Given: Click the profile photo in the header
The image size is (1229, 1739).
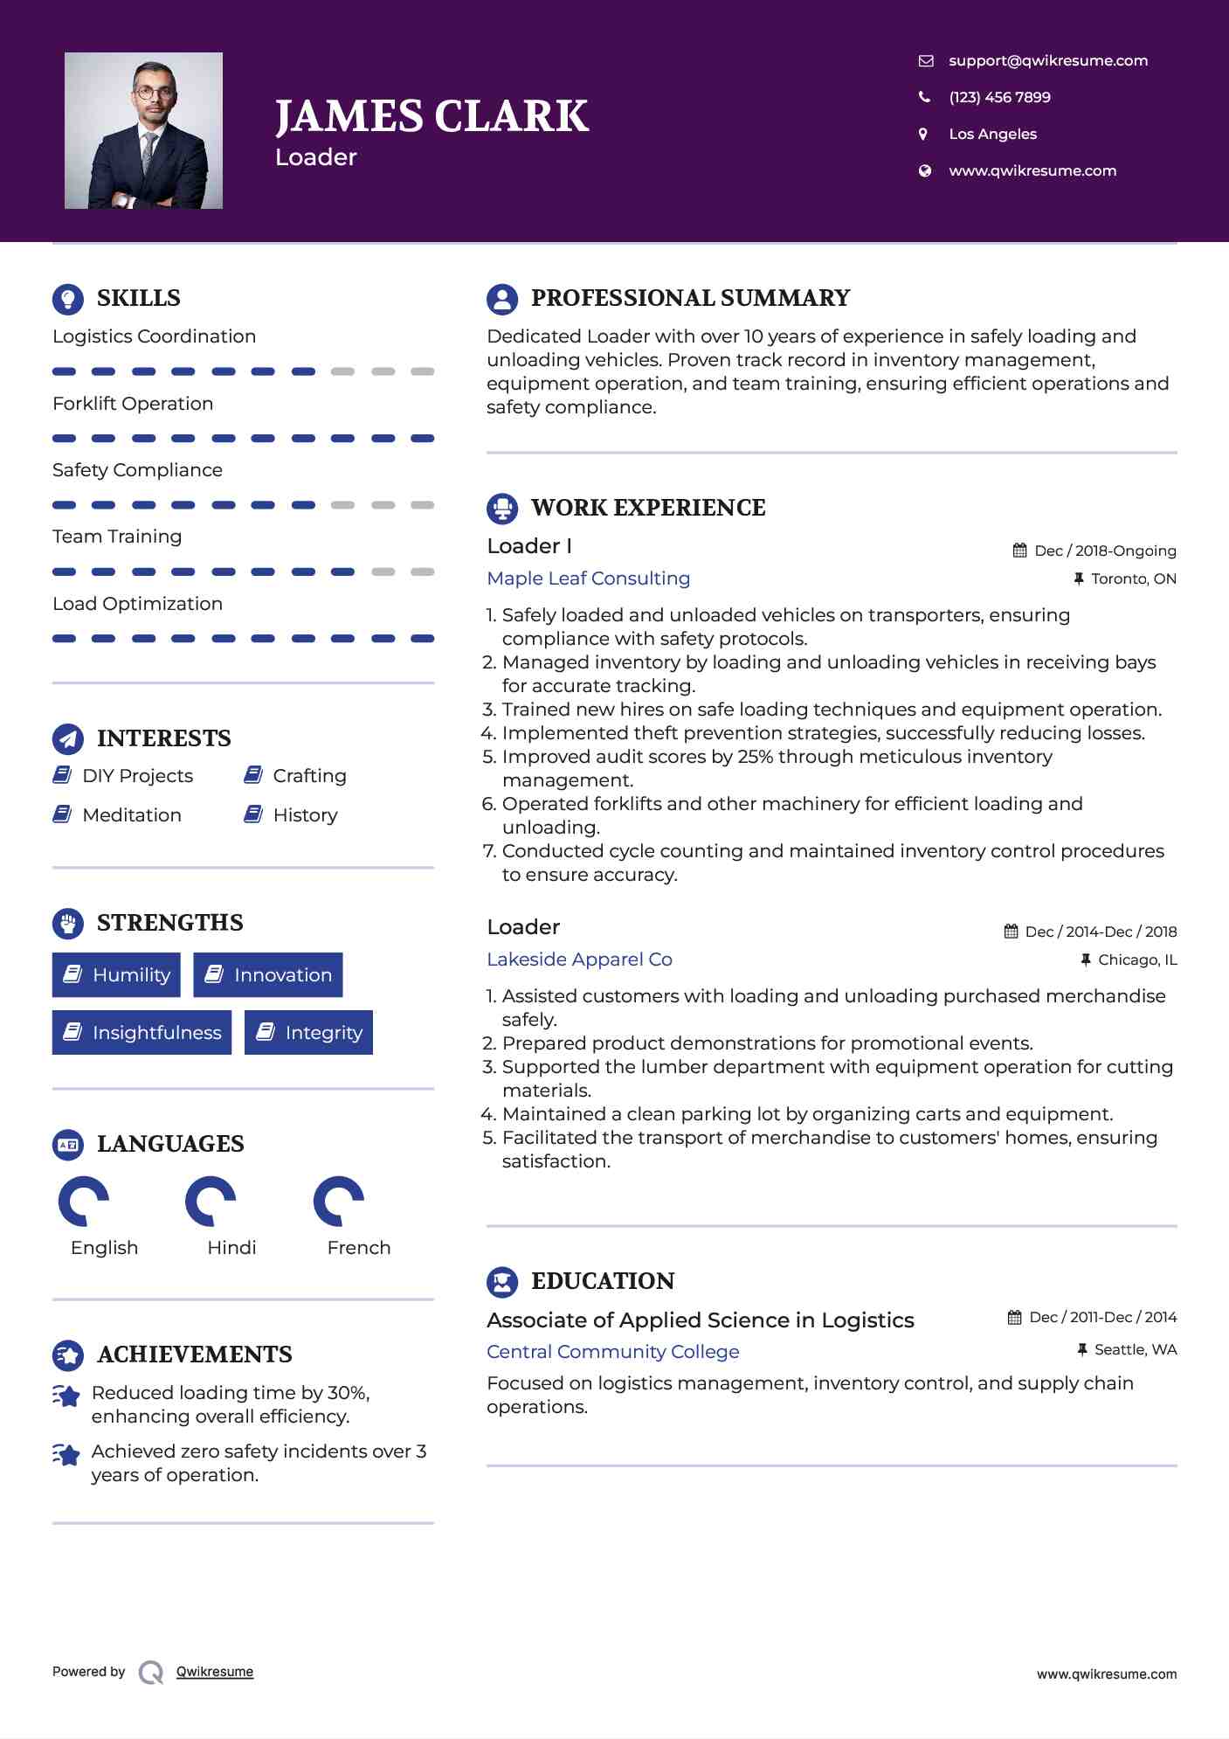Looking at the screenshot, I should [143, 130].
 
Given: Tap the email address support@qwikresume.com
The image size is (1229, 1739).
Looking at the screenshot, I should [1047, 60].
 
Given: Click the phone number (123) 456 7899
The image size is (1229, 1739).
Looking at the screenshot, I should [999, 97].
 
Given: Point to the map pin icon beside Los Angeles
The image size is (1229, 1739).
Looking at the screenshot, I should [923, 134].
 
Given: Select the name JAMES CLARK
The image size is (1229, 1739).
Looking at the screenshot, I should [432, 116].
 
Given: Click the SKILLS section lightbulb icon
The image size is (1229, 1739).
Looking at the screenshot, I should [68, 299].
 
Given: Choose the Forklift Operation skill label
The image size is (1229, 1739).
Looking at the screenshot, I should [133, 404].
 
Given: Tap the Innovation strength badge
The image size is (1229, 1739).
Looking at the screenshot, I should [268, 974].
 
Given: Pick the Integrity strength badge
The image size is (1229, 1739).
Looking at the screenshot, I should [308, 1032].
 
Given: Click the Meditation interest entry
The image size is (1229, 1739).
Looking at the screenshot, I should [131, 815].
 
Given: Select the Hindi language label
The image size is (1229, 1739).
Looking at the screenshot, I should [231, 1248].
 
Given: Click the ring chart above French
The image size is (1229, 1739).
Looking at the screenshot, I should [338, 1202].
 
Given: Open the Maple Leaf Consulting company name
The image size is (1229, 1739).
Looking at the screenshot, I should [588, 579].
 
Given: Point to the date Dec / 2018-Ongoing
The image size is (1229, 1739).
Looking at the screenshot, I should [1104, 551].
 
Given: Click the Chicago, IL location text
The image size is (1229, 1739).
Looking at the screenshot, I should [1137, 960].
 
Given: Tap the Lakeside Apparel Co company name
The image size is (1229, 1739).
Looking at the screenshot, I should [579, 960].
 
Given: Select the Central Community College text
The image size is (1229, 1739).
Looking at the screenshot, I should [612, 1352].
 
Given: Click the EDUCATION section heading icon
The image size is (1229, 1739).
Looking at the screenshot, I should [502, 1282].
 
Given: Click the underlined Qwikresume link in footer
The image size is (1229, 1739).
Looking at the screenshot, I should [215, 1672].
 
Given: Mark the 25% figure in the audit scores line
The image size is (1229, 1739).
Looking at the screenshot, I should [756, 757].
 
